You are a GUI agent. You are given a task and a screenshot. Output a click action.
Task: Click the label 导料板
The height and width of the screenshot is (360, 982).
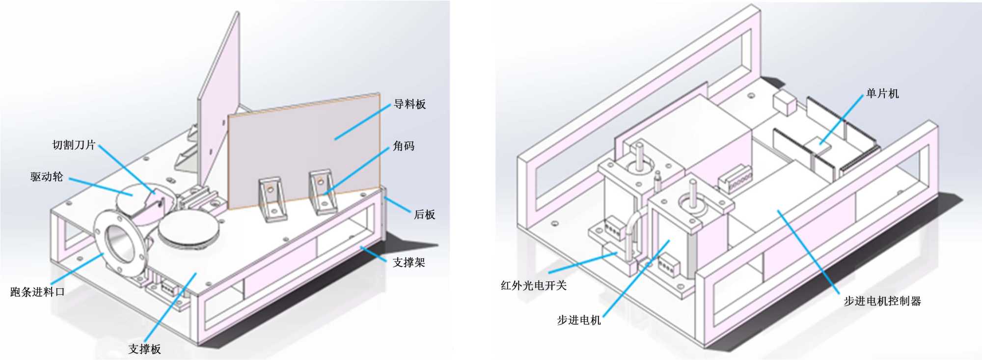point(409,104)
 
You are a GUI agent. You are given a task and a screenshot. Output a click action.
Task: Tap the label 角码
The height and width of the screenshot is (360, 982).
point(404,146)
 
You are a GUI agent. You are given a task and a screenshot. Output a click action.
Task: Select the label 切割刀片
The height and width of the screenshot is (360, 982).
point(74,145)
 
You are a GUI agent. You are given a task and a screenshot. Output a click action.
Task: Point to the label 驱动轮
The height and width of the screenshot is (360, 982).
point(47,177)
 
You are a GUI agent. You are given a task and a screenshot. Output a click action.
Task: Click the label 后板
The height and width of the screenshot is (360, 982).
point(424,215)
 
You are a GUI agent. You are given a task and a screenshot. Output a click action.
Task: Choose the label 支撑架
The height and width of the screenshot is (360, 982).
point(409,262)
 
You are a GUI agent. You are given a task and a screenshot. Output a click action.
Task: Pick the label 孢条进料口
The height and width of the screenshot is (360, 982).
point(37,292)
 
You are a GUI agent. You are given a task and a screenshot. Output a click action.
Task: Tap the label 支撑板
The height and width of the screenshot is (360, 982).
point(144,349)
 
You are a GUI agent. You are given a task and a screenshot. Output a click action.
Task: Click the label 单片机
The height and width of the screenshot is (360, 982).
point(882,93)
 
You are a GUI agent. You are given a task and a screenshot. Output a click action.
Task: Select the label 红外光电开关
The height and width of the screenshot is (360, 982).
point(534,285)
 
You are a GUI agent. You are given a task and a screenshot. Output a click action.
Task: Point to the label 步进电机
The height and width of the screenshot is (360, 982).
point(579,320)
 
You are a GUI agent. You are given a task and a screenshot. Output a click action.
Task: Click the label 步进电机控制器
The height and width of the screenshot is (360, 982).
point(882,301)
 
